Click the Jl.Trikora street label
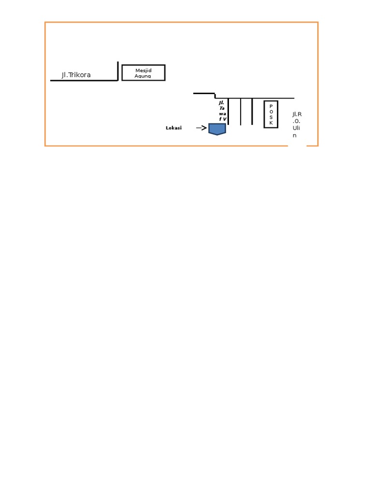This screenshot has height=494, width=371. point(76,75)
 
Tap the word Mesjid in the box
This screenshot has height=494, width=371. point(143,70)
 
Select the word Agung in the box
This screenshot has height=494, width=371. point(143,76)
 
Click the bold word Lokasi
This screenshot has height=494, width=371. point(173,128)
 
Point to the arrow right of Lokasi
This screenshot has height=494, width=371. point(201,128)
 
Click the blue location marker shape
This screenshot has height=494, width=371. point(217,128)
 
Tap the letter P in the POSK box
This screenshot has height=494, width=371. point(271,106)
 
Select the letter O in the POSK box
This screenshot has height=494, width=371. point(271,111)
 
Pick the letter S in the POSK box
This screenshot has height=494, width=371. point(271,117)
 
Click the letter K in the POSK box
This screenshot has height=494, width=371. point(271,123)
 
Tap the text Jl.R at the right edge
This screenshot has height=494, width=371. point(297,114)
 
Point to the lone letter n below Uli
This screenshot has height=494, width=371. point(294,136)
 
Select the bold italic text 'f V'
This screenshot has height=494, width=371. point(222,119)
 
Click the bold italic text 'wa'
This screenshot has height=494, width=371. point(222,113)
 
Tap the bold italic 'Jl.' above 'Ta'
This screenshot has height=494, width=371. point(221,102)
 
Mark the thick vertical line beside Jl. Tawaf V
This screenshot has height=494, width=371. point(228,111)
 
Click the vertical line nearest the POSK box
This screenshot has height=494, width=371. point(252,111)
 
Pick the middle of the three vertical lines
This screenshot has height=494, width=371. point(241,111)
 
